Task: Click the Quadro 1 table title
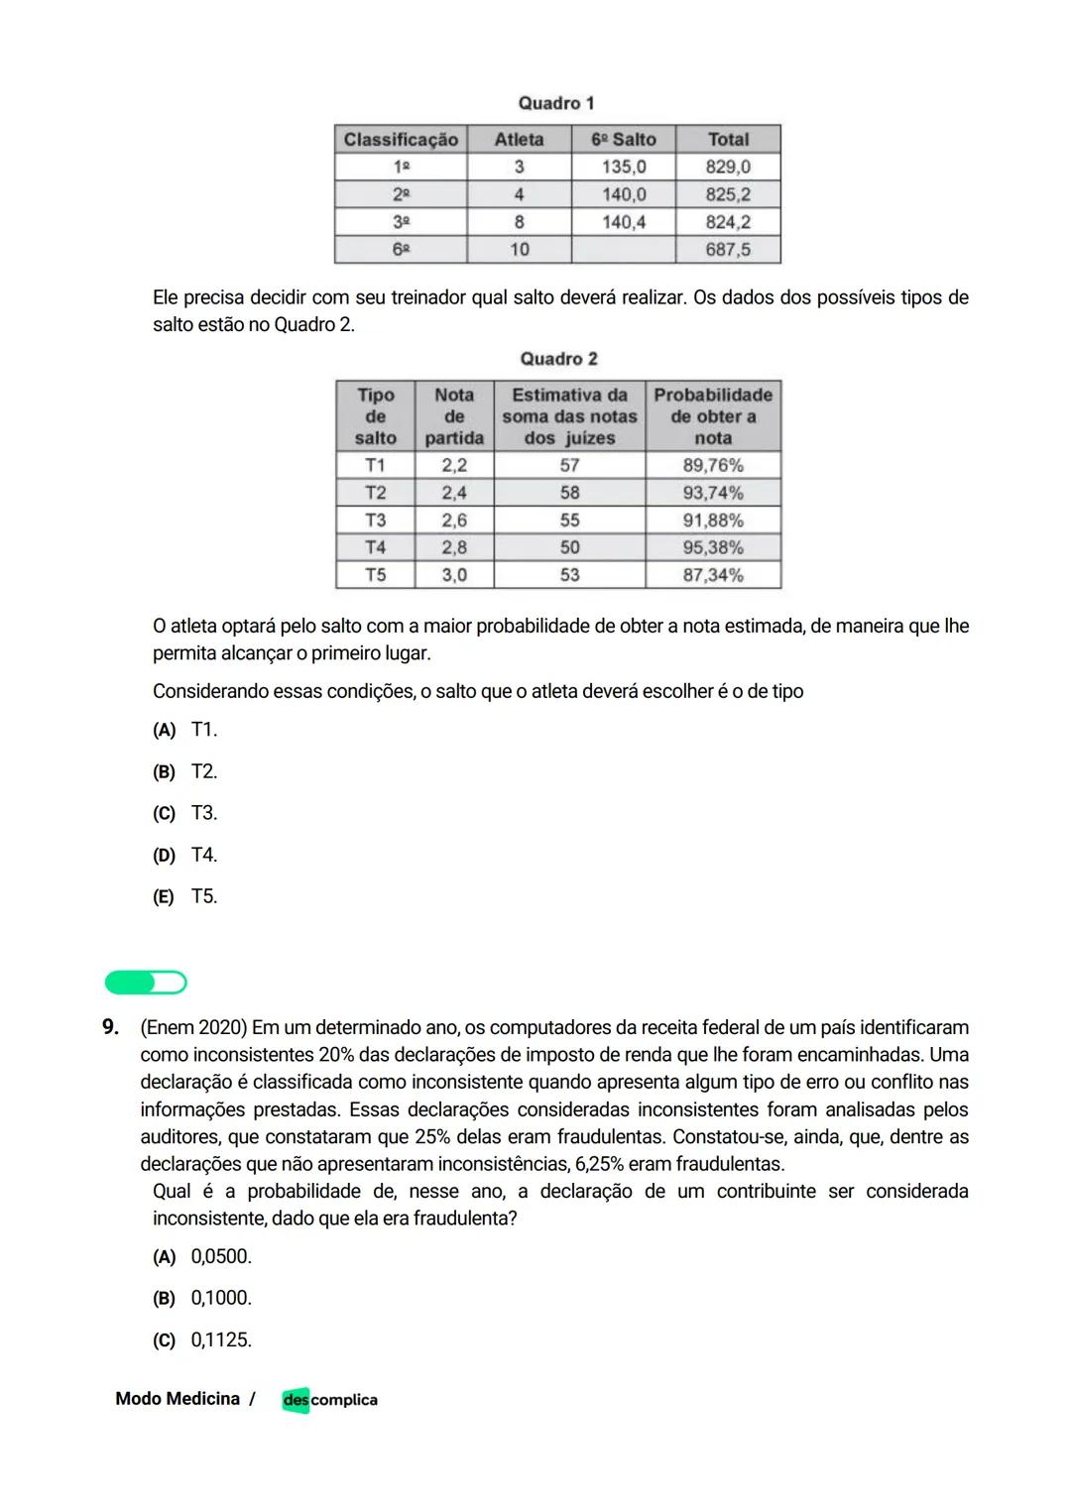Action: point(556,103)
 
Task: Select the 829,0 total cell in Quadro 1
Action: point(728,167)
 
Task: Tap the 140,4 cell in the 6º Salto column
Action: point(623,222)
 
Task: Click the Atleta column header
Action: point(519,140)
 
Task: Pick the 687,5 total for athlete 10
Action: point(728,250)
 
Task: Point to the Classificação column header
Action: point(401,140)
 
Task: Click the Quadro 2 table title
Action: point(558,359)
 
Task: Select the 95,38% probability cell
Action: point(712,547)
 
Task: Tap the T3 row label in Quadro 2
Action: point(375,520)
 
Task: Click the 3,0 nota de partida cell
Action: point(454,575)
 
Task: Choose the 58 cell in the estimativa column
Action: point(569,493)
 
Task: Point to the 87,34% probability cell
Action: point(712,575)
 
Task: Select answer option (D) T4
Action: point(185,855)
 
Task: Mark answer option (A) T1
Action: point(185,730)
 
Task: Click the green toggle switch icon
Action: point(146,983)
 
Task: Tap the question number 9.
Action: point(111,1027)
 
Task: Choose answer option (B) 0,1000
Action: point(202,1298)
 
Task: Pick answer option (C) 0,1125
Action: point(202,1340)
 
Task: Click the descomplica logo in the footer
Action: point(329,1400)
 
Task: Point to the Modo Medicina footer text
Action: point(178,1399)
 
